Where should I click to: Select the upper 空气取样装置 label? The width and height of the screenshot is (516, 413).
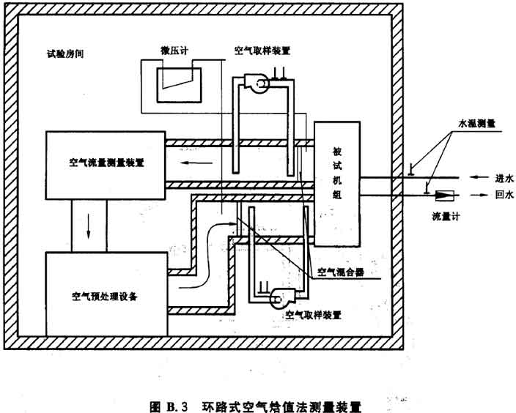262,51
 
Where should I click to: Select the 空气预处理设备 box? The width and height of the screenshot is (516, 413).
106,297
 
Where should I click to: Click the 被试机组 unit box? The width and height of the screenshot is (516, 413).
337,183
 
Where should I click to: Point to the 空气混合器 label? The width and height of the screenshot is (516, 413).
340,272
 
